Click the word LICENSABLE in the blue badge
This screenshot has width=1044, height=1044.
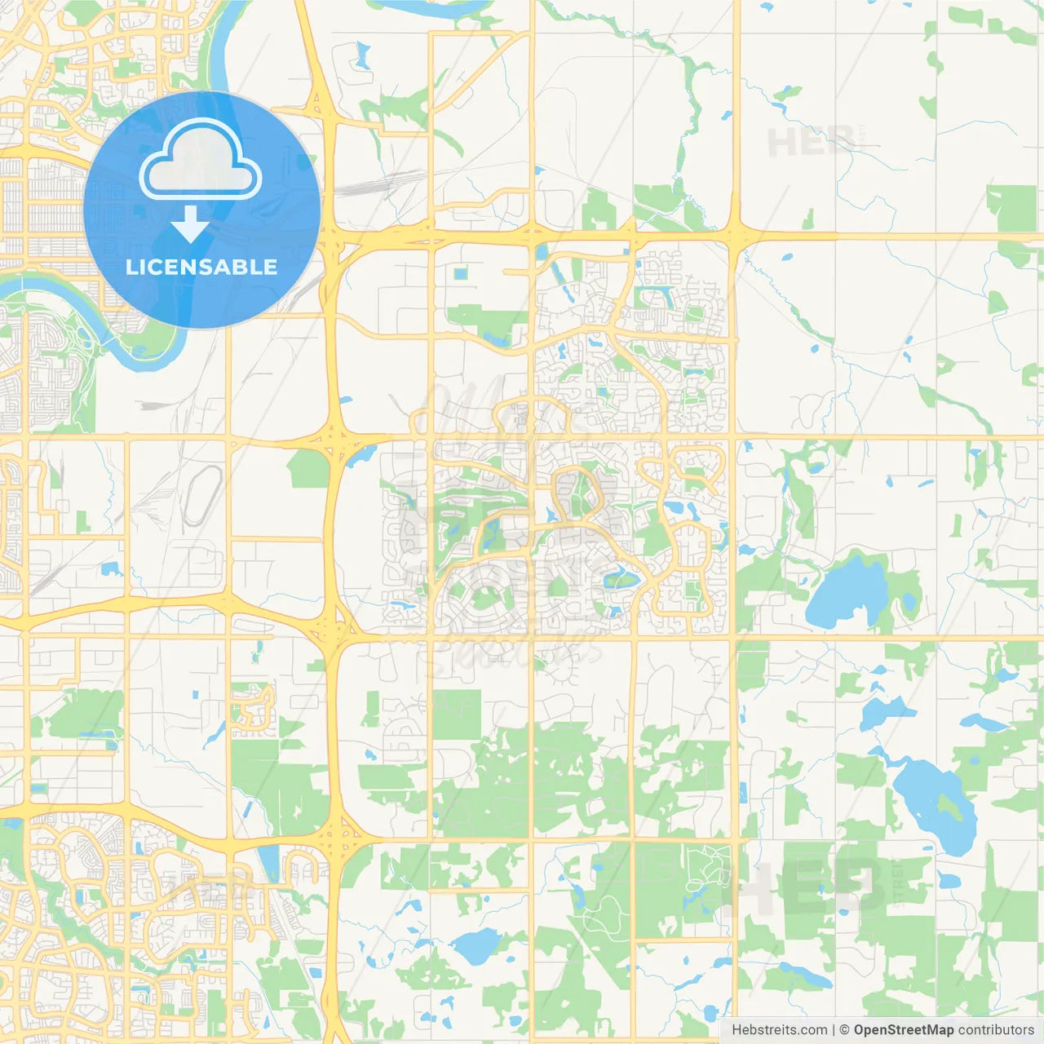201,267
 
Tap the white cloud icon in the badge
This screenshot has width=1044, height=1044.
201,161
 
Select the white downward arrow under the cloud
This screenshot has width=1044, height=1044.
191,224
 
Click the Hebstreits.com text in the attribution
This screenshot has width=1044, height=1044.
779,1030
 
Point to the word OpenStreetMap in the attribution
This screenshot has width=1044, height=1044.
904,1030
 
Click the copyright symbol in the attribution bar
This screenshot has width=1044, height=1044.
844,1030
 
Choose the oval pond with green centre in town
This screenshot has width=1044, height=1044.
622,581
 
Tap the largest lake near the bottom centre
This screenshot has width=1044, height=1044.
476,945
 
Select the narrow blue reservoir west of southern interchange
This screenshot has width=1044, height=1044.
267,859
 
